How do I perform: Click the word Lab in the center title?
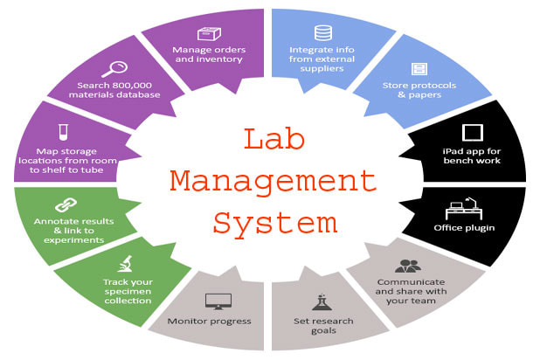pyautogui.click(x=272, y=141)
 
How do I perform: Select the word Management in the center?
pyautogui.click(x=272, y=182)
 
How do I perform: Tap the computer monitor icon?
pyautogui.click(x=218, y=301)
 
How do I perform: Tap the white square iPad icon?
pyautogui.click(x=473, y=134)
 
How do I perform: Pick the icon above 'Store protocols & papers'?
pyautogui.click(x=419, y=68)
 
